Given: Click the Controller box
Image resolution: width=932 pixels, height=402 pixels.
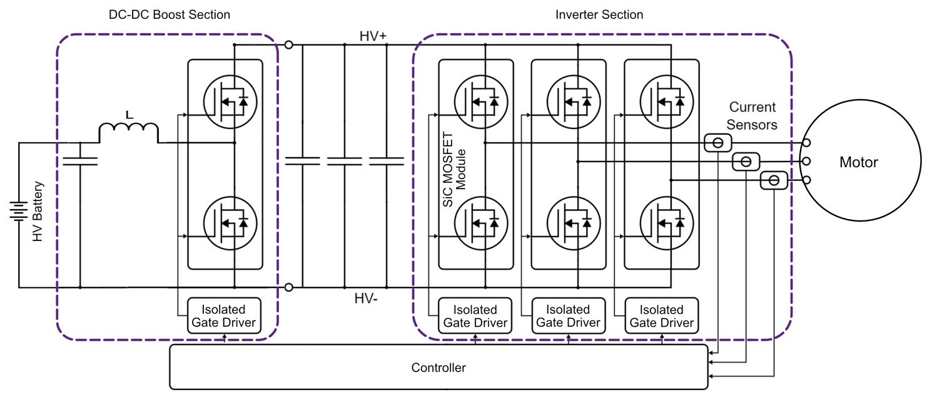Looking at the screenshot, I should [x=438, y=367].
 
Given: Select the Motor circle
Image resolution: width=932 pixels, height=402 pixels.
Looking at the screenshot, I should [x=858, y=162].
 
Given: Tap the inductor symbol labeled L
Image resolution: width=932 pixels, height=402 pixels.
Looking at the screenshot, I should [x=129, y=131].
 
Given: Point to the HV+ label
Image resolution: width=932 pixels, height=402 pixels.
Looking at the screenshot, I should [x=373, y=36].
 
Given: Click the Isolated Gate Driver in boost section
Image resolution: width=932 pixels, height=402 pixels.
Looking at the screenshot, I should [x=224, y=316].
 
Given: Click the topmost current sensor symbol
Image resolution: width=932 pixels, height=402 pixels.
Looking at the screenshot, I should [x=718, y=143].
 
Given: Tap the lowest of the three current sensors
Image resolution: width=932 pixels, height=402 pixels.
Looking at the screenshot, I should [x=774, y=180].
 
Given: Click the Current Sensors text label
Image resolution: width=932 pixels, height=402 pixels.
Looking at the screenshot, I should [x=752, y=116].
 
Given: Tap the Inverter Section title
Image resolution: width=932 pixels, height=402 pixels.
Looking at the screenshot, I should [x=599, y=14].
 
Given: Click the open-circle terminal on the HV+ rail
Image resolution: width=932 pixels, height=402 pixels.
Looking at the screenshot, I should [x=288, y=44].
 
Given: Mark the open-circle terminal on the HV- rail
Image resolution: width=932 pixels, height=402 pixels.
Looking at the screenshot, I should [x=288, y=287].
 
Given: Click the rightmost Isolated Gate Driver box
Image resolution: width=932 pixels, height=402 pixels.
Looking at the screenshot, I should [x=661, y=316].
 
